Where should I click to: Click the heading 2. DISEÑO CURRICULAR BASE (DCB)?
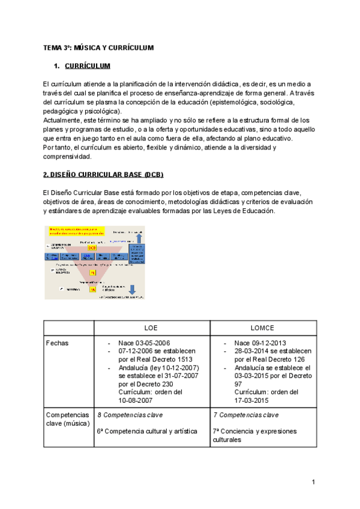[x=103, y=175]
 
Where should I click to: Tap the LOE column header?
[x=152, y=329]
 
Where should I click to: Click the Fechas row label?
[x=57, y=343]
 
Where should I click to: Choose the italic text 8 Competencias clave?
[x=130, y=415]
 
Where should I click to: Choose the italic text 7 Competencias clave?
[x=245, y=415]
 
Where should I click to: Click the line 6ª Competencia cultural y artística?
[x=147, y=431]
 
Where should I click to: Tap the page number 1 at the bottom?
[x=313, y=482]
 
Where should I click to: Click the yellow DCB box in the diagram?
[x=92, y=247]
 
